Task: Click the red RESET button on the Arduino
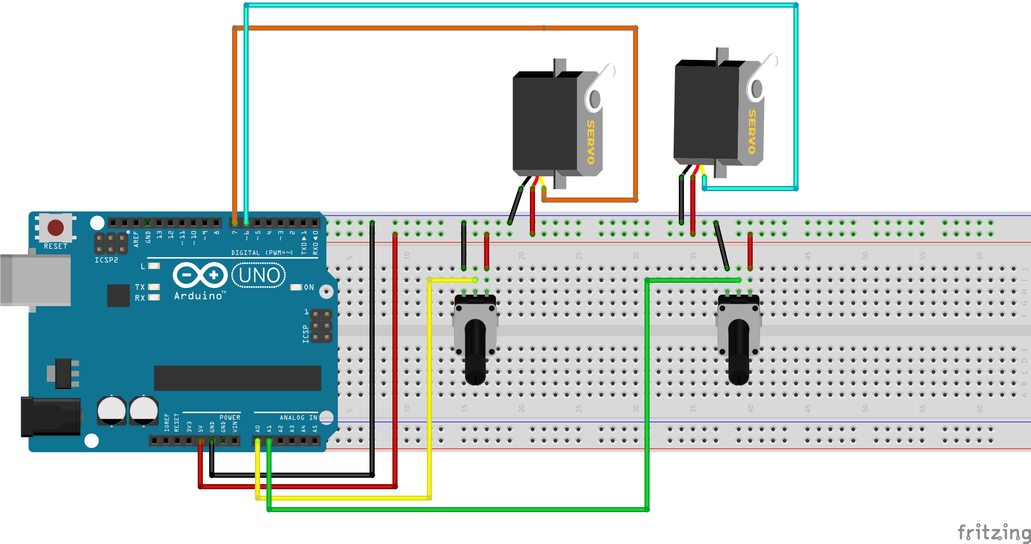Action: click(56, 228)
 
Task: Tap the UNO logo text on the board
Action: click(259, 275)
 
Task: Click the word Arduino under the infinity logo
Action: click(198, 296)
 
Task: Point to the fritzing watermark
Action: click(993, 532)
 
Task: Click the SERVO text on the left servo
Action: click(591, 142)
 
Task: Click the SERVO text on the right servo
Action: click(752, 132)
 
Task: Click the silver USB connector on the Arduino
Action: click(36, 280)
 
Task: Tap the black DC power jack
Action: click(51, 417)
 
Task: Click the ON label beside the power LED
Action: click(309, 288)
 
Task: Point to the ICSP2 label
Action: click(106, 260)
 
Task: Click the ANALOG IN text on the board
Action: click(298, 418)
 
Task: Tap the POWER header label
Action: click(230, 417)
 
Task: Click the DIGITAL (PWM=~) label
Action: click(262, 253)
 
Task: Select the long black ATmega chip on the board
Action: click(237, 378)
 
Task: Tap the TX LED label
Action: click(140, 288)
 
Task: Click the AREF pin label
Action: click(136, 239)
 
